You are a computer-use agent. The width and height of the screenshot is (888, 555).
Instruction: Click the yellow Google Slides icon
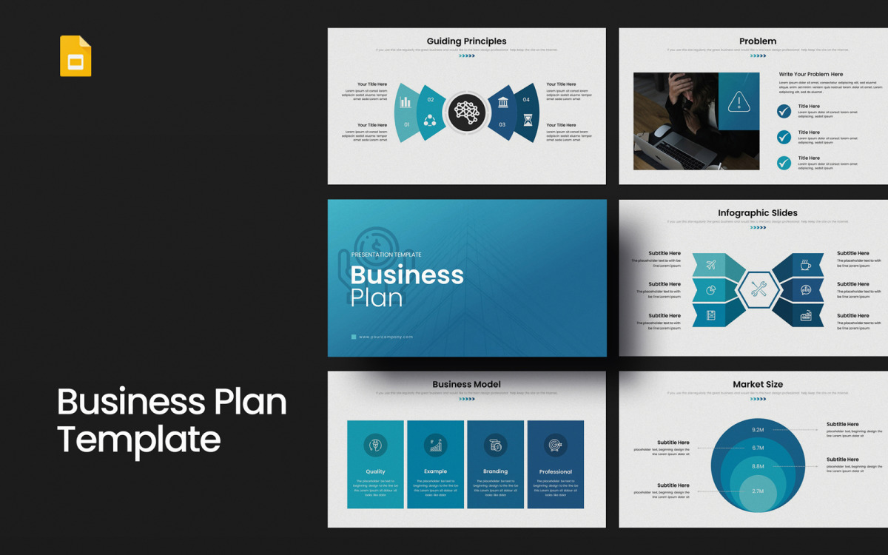click(x=75, y=55)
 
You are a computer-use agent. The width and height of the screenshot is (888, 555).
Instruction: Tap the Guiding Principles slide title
click(x=466, y=41)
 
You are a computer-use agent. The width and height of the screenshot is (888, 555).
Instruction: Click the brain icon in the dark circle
click(x=467, y=112)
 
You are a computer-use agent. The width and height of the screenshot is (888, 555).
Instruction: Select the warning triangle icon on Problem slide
click(x=739, y=101)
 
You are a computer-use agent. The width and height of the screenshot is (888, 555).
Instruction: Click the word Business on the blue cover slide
click(x=407, y=275)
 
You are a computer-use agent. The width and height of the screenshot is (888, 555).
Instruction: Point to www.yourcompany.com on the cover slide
click(x=386, y=337)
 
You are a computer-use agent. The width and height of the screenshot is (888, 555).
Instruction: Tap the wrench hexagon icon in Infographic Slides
click(x=758, y=289)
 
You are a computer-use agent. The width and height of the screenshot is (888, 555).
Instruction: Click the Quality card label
click(x=375, y=471)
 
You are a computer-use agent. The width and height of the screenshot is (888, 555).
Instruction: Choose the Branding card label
click(x=495, y=471)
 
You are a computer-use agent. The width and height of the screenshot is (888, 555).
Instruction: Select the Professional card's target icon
click(x=555, y=445)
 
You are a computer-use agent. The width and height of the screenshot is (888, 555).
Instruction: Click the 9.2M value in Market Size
click(x=758, y=430)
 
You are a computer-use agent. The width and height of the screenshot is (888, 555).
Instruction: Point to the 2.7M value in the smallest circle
click(x=758, y=491)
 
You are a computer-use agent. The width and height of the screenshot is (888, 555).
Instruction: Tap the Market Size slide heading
click(x=758, y=385)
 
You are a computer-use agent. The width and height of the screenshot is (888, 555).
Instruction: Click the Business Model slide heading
click(x=466, y=385)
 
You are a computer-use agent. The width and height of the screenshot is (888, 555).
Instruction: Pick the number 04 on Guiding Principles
click(x=526, y=100)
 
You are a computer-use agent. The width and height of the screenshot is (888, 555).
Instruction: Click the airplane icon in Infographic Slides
click(x=711, y=264)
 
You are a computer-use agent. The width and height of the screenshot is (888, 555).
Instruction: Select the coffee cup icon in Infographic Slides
click(x=806, y=265)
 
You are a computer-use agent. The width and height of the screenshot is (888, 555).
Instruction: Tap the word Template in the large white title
click(x=139, y=439)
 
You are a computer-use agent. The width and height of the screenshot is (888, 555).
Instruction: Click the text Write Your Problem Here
click(x=810, y=75)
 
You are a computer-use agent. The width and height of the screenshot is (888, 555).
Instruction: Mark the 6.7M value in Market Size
click(x=758, y=448)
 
